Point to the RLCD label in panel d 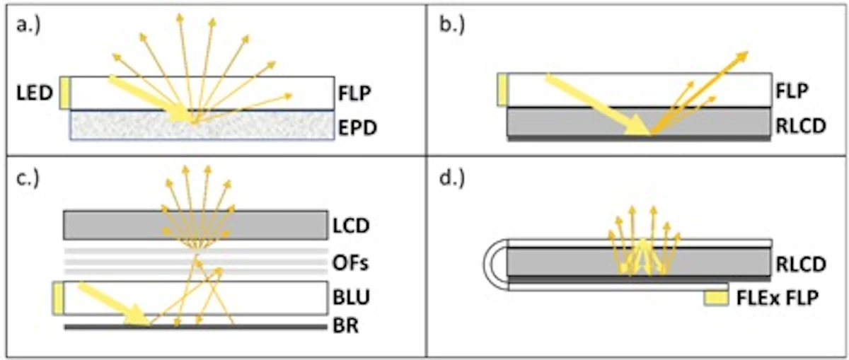[800, 264]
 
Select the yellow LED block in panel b [503, 90]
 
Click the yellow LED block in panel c [59, 298]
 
